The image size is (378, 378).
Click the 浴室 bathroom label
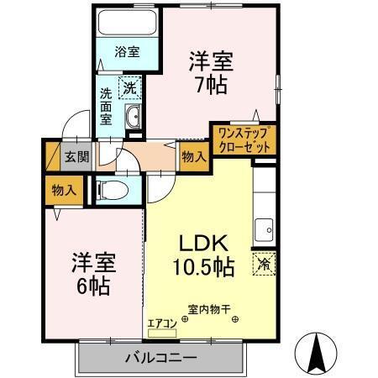tap(128, 52)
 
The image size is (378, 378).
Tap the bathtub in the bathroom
tap(128, 23)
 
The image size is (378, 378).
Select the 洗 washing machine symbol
tap(133, 85)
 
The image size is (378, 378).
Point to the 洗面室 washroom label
tap(107, 106)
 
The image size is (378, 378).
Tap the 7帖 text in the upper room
tap(210, 85)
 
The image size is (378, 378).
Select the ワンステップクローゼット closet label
tap(244, 139)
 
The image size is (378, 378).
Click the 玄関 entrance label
tap(77, 155)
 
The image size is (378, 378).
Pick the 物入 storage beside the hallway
tap(193, 156)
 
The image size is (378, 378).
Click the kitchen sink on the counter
tap(264, 227)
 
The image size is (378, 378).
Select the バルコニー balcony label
tap(161, 358)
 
